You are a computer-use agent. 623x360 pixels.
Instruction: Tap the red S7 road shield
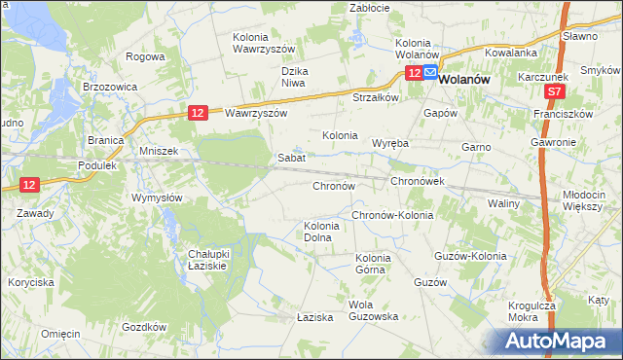point(554,91)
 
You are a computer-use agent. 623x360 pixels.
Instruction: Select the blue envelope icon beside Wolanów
point(429,72)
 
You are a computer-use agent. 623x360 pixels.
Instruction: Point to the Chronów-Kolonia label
point(392,215)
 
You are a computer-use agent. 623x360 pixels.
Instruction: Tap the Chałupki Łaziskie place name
point(207,259)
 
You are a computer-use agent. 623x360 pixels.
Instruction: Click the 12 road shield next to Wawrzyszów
point(198,113)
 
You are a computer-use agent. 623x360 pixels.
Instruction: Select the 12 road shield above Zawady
point(29,185)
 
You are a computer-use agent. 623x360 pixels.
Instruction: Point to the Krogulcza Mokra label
point(531,310)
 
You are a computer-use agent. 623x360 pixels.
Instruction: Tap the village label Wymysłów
point(157,198)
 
